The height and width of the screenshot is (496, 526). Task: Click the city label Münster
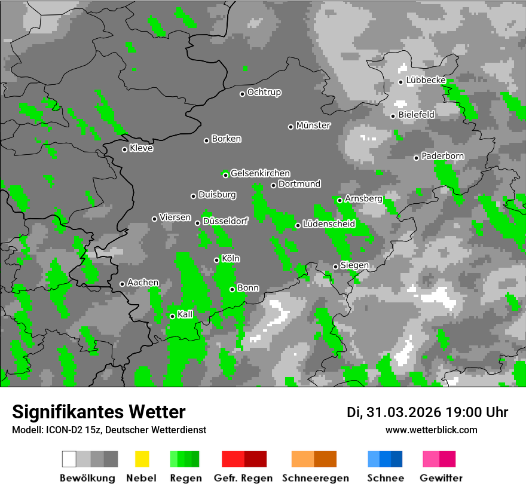313,125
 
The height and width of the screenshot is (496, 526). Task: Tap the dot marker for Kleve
124,149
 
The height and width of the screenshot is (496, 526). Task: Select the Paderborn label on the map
443,157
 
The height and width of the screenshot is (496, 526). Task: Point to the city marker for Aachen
122,284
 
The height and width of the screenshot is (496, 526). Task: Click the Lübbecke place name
426,80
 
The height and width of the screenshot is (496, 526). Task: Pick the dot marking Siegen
335,267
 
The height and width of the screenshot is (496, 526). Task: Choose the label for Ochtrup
264,93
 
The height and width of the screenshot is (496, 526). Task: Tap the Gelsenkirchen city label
260,173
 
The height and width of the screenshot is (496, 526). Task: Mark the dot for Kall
172,316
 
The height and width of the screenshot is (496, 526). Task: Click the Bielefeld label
417,115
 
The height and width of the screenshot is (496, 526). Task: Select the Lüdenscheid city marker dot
298,225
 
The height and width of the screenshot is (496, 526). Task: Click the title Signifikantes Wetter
99,412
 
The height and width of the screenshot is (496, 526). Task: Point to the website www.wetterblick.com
432,430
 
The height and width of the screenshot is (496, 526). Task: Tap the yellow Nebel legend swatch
142,459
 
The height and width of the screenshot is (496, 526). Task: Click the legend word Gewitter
441,478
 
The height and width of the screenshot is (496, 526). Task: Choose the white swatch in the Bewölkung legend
69,459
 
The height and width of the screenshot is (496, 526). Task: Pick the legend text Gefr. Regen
243,478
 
